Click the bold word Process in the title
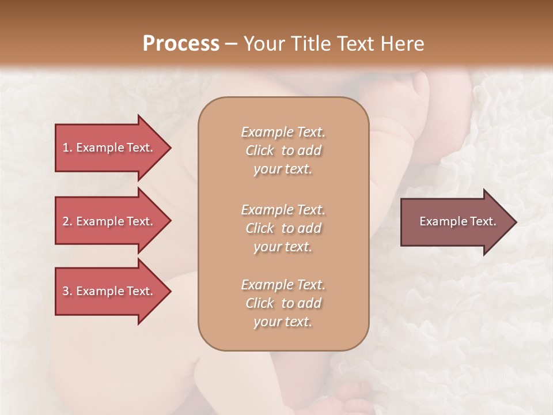(x=181, y=44)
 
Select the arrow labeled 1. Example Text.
(x=109, y=148)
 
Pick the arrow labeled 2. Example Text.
(x=109, y=221)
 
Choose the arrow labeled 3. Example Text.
(x=109, y=291)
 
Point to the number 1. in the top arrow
(x=67, y=148)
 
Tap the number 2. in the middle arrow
(x=67, y=221)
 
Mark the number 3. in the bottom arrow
(x=67, y=291)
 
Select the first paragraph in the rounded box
(x=283, y=150)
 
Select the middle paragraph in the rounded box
(x=283, y=228)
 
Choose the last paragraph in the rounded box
(x=283, y=303)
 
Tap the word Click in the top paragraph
(x=260, y=151)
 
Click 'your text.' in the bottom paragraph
(x=283, y=322)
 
